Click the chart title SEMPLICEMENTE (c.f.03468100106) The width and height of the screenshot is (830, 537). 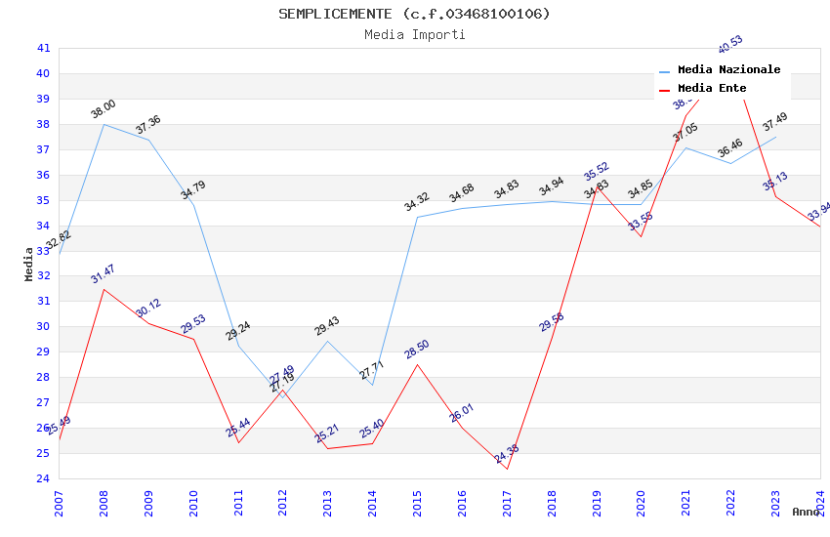click(414, 14)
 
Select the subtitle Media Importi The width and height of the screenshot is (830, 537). click(414, 34)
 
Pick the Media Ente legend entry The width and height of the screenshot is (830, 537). click(712, 88)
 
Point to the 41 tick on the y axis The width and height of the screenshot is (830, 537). click(43, 48)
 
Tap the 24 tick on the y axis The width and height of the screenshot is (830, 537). click(43, 478)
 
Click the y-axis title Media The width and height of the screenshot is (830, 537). click(29, 264)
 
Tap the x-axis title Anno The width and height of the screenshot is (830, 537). click(806, 512)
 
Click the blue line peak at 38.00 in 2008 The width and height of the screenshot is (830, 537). click(104, 124)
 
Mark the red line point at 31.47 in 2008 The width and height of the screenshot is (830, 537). click(104, 289)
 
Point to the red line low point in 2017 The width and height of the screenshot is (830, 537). click(507, 470)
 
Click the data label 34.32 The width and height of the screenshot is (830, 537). click(417, 202)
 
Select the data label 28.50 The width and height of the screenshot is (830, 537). click(417, 350)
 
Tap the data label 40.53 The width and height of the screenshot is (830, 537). click(730, 44)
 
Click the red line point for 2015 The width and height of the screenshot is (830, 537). click(417, 364)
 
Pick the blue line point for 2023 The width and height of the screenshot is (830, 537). click(775, 137)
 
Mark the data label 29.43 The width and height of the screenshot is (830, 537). click(327, 326)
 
